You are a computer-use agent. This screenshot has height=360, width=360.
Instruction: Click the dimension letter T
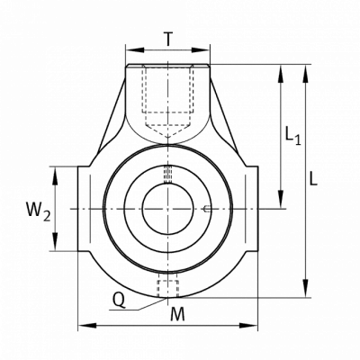coord(169,39)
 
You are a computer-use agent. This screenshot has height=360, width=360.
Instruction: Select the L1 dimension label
coord(292,136)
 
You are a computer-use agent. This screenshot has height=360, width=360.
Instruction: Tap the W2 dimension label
coord(38,211)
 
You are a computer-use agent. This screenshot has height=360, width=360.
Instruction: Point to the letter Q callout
coord(119,300)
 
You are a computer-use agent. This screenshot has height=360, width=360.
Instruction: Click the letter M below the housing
coord(177,314)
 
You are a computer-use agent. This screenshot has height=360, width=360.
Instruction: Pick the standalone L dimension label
coord(313,178)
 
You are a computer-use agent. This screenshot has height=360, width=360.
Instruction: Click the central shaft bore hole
coord(167,209)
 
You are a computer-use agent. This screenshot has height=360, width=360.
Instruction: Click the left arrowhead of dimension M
coord(87,326)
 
